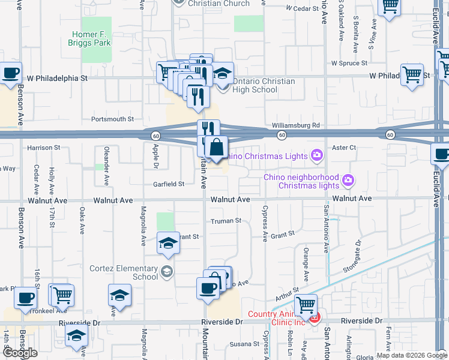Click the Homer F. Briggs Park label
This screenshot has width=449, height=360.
tap(92, 38)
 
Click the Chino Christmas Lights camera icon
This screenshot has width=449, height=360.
tap(316, 156)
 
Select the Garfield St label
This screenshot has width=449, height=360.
tap(168, 184)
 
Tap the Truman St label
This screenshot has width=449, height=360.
tap(225, 221)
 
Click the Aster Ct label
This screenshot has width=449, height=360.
tap(344, 147)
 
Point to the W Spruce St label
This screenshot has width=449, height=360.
tap(349, 63)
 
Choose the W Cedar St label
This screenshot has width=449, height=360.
tap(302, 8)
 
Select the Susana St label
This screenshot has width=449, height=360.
tap(244, 344)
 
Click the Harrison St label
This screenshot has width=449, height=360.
tap(44, 147)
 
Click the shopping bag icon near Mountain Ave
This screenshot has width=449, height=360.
tap(217, 147)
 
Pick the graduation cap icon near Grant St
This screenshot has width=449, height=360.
tap(168, 243)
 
